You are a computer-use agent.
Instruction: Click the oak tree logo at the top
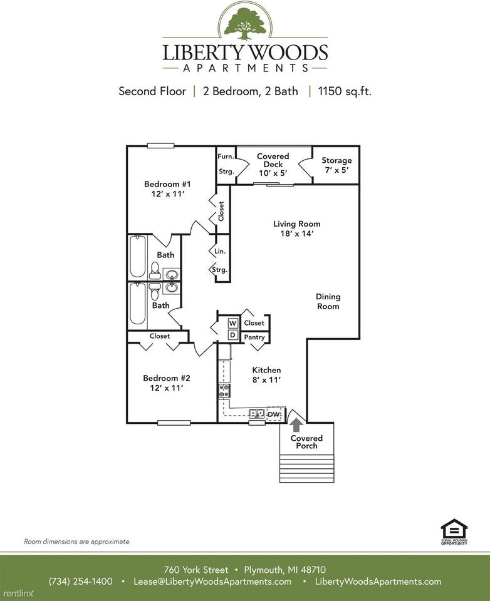245,22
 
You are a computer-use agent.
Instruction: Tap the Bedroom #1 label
162,189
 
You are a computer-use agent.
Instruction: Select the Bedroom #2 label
162,383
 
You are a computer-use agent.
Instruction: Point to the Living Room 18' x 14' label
296,229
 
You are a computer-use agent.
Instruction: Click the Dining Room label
328,301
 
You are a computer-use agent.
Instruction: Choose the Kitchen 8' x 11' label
266,374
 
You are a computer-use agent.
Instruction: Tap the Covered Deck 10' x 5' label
273,165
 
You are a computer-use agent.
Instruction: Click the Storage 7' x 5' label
336,165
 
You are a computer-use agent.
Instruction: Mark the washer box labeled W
232,323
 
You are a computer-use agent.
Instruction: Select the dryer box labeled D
232,336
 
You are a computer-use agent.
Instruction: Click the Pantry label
254,337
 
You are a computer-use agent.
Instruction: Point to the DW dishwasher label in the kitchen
274,414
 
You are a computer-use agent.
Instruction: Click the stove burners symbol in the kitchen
224,391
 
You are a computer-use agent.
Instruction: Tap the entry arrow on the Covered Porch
296,424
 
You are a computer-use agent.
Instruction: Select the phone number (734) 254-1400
81,582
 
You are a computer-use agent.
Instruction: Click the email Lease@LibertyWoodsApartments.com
212,582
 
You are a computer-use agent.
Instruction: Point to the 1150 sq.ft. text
345,91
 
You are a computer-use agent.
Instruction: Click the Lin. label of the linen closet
220,251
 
